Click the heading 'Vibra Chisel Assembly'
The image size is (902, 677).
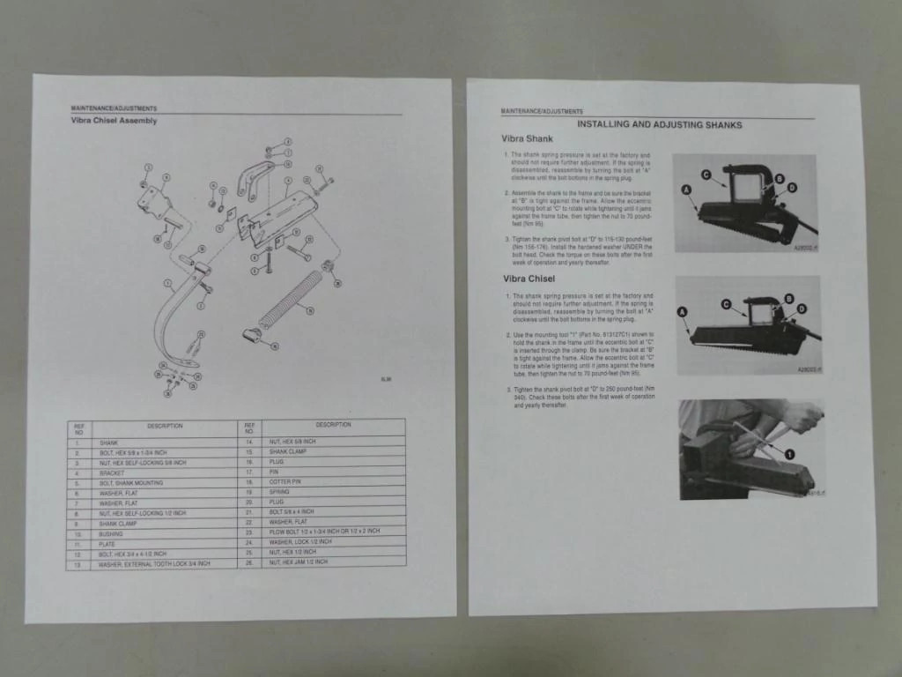coord(114,121)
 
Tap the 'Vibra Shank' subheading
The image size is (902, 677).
coord(528,139)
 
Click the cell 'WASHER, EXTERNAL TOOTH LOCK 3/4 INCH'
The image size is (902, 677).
coord(154,563)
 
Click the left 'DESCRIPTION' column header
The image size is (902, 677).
coord(165,426)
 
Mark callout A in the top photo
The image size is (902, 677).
coord(685,190)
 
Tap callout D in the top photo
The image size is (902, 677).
coord(790,189)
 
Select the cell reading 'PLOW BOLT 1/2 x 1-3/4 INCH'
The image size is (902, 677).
coord(325,532)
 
